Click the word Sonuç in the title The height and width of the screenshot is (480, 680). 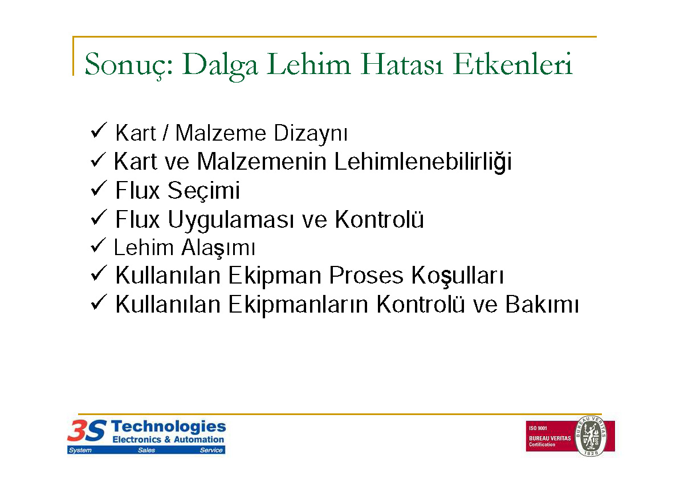(129, 65)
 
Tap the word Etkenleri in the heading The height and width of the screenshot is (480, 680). (512, 64)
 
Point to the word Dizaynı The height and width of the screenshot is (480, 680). (311, 134)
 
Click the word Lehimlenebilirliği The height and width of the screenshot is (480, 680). (423, 162)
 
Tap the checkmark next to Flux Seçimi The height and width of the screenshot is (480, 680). (99, 188)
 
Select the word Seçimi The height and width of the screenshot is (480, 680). (203, 191)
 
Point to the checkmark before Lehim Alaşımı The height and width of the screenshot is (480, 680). (99, 245)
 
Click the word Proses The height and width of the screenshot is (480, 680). (366, 276)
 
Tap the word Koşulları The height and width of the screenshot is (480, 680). (457, 276)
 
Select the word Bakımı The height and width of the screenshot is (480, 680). (542, 304)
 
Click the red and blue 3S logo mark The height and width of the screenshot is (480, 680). (87, 430)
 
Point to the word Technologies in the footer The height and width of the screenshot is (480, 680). (168, 426)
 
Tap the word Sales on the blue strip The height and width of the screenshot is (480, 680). (146, 450)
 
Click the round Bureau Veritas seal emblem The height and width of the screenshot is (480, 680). (591, 436)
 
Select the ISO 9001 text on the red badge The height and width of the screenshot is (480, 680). (538, 428)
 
